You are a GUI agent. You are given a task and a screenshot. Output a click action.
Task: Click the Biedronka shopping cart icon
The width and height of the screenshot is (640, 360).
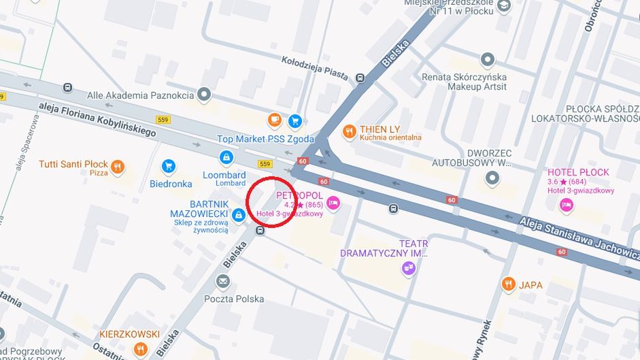tap(169, 166)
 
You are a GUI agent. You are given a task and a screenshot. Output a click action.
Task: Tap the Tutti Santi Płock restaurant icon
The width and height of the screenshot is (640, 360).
tap(118, 166)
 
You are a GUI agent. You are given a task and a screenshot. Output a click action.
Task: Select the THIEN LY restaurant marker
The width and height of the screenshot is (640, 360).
tap(350, 131)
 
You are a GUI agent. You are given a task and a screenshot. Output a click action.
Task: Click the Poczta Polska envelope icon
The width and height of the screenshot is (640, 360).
tap(223, 281)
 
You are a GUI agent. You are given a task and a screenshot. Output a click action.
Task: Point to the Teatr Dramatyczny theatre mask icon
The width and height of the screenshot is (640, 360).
tap(408, 269)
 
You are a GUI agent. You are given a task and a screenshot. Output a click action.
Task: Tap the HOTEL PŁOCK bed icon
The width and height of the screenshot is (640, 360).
tap(566, 204)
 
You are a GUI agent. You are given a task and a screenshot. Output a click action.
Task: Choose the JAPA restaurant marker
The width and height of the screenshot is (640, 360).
tap(508, 284)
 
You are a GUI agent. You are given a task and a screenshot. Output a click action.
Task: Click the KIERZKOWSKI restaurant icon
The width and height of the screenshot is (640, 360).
tap(141, 349)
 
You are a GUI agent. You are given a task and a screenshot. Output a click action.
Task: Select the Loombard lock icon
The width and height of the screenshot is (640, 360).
tap(225, 158)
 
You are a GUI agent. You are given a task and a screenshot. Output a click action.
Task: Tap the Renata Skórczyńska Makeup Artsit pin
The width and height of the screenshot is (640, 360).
tap(488, 60)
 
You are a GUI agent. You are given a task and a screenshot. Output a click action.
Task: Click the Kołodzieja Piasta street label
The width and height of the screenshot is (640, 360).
tap(314, 68)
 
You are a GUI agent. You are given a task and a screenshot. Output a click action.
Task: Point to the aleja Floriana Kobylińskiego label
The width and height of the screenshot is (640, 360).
tap(97, 117)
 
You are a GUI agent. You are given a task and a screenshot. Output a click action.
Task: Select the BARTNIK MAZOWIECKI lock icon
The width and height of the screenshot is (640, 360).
tap(238, 216)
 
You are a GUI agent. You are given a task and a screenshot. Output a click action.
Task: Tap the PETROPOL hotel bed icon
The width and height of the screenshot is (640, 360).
tap(333, 202)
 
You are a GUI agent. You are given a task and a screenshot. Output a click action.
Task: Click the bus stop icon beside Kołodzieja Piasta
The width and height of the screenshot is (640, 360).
tap(359, 79)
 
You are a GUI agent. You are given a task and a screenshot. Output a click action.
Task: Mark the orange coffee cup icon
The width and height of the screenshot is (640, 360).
tap(275, 120)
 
